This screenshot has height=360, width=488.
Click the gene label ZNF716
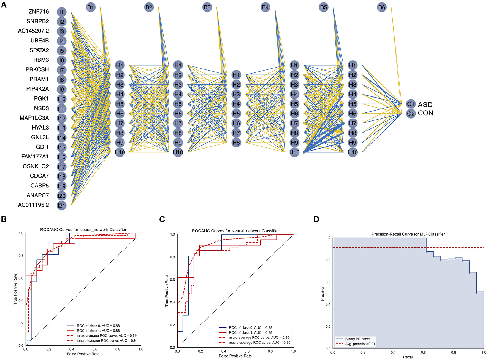tap(39, 12)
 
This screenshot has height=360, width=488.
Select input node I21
tap(61, 205)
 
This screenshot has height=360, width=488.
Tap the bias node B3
tap(207, 7)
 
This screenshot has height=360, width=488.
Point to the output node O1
tap(411, 104)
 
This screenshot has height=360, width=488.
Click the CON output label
tap(425, 113)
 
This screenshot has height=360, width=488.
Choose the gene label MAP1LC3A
tap(34, 118)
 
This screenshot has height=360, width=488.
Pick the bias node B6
tap(381, 7)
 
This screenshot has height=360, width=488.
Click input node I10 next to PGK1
tap(61, 99)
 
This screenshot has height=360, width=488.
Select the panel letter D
tap(316, 219)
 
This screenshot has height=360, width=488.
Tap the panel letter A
tap(4, 5)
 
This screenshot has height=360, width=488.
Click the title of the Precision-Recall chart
tap(408, 234)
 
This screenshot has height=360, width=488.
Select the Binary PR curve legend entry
tap(357, 339)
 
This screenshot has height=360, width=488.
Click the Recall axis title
tap(408, 357)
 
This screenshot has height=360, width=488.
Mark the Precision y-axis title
tap(322, 293)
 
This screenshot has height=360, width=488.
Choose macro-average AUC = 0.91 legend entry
tap(107, 341)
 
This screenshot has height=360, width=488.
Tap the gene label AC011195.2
tap(33, 205)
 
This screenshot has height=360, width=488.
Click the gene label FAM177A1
tap(35, 157)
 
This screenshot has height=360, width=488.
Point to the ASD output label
tap(425, 105)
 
